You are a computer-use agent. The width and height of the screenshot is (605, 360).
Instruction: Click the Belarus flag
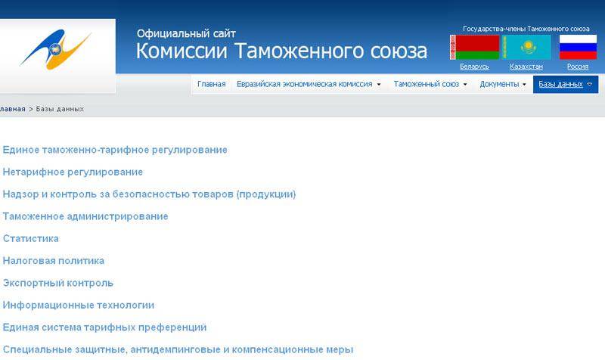(x=475, y=48)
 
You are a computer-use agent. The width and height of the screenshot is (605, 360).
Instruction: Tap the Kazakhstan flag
(x=526, y=48)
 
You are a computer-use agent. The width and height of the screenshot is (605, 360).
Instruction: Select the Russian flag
(x=578, y=48)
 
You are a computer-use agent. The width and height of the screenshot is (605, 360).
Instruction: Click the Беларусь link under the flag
(x=475, y=67)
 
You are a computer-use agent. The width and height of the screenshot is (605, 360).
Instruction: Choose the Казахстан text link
(x=526, y=67)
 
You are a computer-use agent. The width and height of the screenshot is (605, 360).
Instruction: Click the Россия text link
(x=578, y=67)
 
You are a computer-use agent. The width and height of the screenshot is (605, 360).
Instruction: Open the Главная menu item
(x=212, y=84)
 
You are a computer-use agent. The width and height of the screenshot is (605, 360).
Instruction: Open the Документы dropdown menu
(x=503, y=84)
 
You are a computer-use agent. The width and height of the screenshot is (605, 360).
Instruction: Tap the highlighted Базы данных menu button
(x=566, y=84)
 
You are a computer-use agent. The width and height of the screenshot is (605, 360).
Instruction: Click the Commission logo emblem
(x=56, y=49)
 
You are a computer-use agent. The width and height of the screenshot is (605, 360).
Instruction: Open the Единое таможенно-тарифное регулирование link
(x=115, y=150)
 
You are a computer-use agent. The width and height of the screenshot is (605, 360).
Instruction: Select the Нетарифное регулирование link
(x=73, y=172)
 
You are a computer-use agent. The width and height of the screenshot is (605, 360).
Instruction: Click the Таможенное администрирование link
(x=85, y=216)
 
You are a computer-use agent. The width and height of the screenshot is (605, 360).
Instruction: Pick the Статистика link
(x=31, y=238)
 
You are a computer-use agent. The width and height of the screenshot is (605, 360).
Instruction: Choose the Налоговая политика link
(x=54, y=261)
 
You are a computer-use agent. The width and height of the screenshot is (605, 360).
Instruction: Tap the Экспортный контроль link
(x=58, y=283)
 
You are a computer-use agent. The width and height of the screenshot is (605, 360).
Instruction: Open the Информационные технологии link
(x=79, y=306)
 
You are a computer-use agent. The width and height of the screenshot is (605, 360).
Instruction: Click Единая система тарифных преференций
(x=104, y=327)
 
